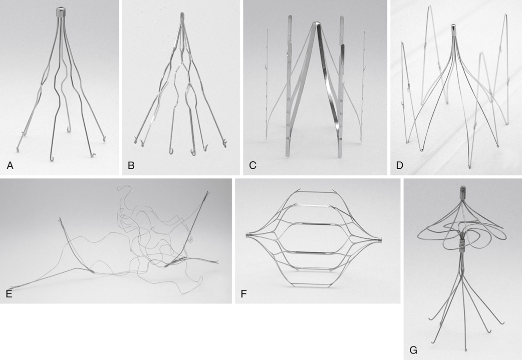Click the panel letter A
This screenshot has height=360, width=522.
(10, 165)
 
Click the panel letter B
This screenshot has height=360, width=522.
(131, 165)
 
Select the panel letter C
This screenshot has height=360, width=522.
(252, 165)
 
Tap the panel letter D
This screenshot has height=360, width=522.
(399, 165)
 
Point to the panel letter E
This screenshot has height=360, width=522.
(9, 294)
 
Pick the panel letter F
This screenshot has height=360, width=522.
(243, 294)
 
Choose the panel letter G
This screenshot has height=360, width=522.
(413, 350)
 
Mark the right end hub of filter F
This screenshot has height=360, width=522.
(380, 239)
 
